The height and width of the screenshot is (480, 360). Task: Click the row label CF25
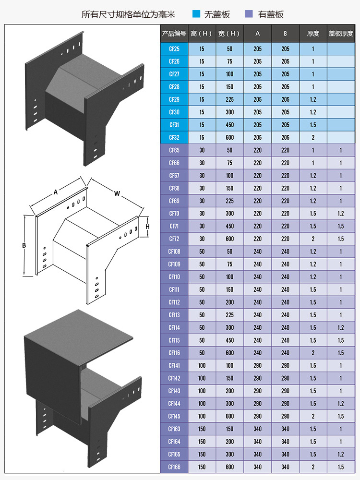174,49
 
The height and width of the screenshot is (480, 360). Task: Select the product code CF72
174,239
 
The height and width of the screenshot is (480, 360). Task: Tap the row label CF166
174,467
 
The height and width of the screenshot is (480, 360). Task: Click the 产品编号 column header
174,34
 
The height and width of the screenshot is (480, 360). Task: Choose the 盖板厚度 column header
341,34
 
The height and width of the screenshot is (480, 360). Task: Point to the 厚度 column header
313,34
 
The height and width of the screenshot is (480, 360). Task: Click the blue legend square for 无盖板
196,14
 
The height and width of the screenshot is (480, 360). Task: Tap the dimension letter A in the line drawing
56,192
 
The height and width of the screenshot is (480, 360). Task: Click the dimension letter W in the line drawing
117,193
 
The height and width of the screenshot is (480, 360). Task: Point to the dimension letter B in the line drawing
24,245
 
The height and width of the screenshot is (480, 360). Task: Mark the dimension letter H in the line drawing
148,227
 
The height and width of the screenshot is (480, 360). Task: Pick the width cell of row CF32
229,138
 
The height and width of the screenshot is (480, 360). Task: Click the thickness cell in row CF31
313,125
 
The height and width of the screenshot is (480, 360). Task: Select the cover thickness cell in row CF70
341,214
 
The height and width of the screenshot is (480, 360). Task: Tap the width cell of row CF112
229,302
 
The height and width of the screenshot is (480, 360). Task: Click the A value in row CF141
258,366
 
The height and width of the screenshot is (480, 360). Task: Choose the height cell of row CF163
202,429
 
